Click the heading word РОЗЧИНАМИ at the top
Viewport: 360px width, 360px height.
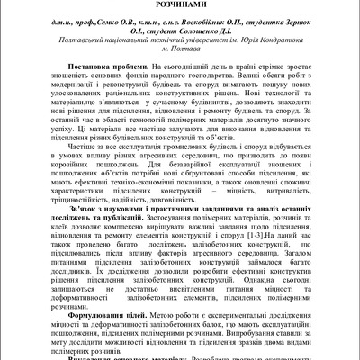[179, 5]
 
